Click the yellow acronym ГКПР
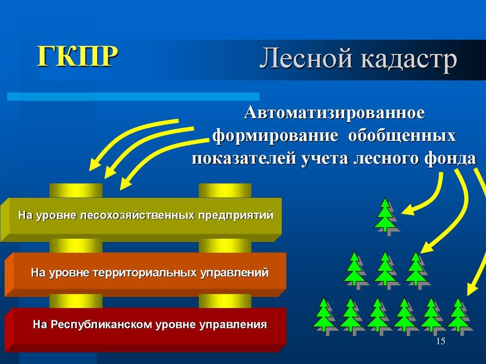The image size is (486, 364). (x=78, y=56)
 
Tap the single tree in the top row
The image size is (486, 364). (x=385, y=215)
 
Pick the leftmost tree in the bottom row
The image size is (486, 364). (x=324, y=314)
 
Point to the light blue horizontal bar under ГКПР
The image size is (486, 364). (x=133, y=96)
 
